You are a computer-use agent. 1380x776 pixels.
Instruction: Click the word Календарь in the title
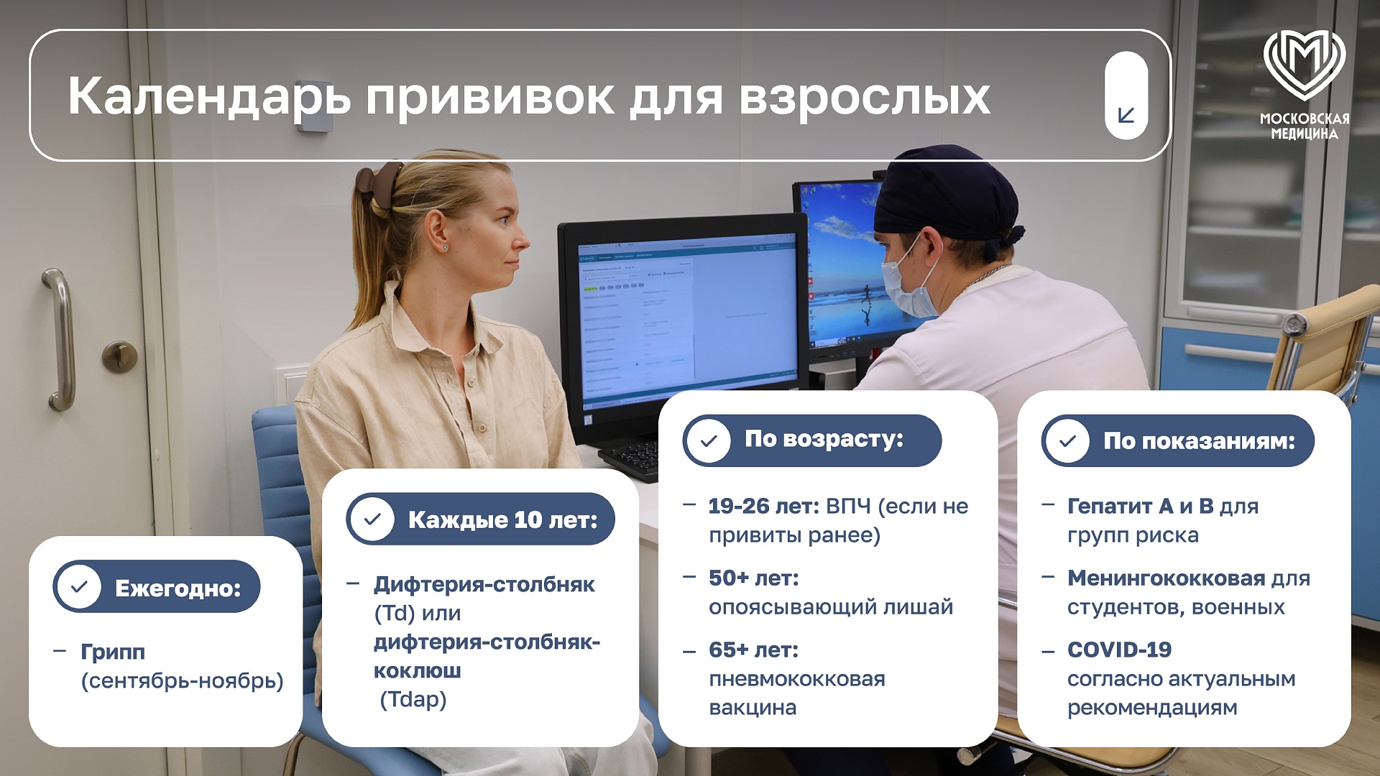point(209,96)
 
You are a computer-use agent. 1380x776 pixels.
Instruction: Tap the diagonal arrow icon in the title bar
point(1126,115)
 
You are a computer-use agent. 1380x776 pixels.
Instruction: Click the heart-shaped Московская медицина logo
point(1304,65)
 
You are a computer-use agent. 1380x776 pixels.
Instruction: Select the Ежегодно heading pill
point(157,586)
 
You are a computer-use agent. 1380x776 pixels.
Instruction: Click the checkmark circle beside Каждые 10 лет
point(372,519)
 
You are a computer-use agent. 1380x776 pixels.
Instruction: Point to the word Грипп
point(113,652)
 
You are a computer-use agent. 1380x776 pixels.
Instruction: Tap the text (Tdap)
point(413,699)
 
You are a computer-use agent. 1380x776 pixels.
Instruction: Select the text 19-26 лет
point(763,506)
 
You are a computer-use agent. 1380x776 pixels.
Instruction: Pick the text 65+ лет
point(753,650)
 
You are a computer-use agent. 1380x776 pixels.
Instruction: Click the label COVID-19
point(1119,650)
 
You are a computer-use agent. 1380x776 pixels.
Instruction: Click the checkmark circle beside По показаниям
point(1068,440)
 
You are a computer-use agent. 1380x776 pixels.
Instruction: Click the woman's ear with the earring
point(438,230)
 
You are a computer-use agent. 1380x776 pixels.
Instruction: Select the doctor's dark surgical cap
point(947,193)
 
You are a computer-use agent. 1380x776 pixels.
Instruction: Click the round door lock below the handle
point(119,357)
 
